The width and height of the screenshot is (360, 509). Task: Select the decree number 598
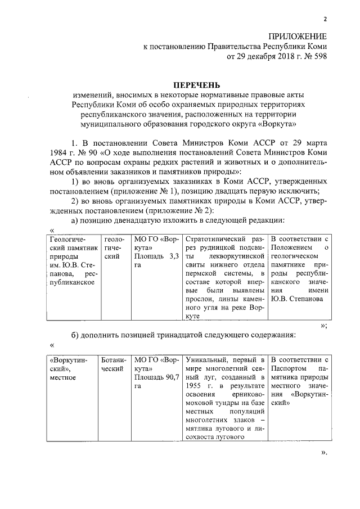click(x=319, y=56)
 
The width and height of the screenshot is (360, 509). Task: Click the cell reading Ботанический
click(x=112, y=364)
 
